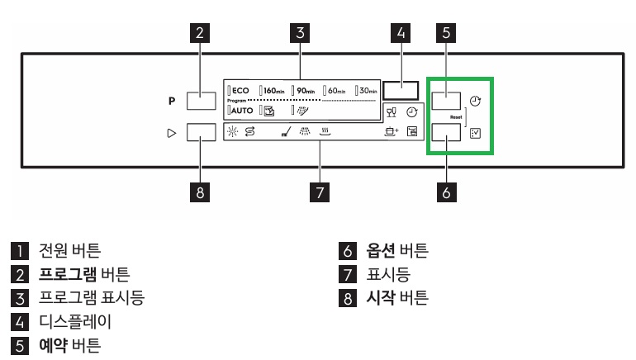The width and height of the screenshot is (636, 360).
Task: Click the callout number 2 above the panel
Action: tap(200, 33)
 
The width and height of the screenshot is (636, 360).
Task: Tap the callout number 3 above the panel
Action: tap(300, 33)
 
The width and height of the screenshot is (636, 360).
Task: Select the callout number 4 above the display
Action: tap(401, 33)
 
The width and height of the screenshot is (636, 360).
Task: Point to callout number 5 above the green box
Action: tap(446, 33)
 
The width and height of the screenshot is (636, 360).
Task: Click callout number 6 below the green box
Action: tap(446, 192)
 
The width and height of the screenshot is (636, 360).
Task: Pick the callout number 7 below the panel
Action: tap(319, 192)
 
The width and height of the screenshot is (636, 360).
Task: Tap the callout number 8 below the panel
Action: tap(200, 192)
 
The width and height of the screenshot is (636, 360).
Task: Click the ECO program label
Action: tap(240, 90)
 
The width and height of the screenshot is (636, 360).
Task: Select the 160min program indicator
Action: tap(273, 90)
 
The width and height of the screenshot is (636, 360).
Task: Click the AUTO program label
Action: tap(242, 111)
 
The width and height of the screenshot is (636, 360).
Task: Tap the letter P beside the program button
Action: tap(172, 101)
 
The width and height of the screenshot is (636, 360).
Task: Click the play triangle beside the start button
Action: tap(172, 133)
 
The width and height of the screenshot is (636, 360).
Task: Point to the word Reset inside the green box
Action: tap(456, 117)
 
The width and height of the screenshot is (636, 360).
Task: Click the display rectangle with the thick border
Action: tap(401, 90)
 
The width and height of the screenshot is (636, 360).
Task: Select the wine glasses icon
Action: tap(391, 112)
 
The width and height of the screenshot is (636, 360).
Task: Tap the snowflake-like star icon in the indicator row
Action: tap(232, 131)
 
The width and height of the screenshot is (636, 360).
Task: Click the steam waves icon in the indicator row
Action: tap(325, 131)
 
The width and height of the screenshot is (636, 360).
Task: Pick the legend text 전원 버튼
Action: tap(69, 250)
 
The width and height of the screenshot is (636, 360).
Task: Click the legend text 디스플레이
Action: tap(75, 322)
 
